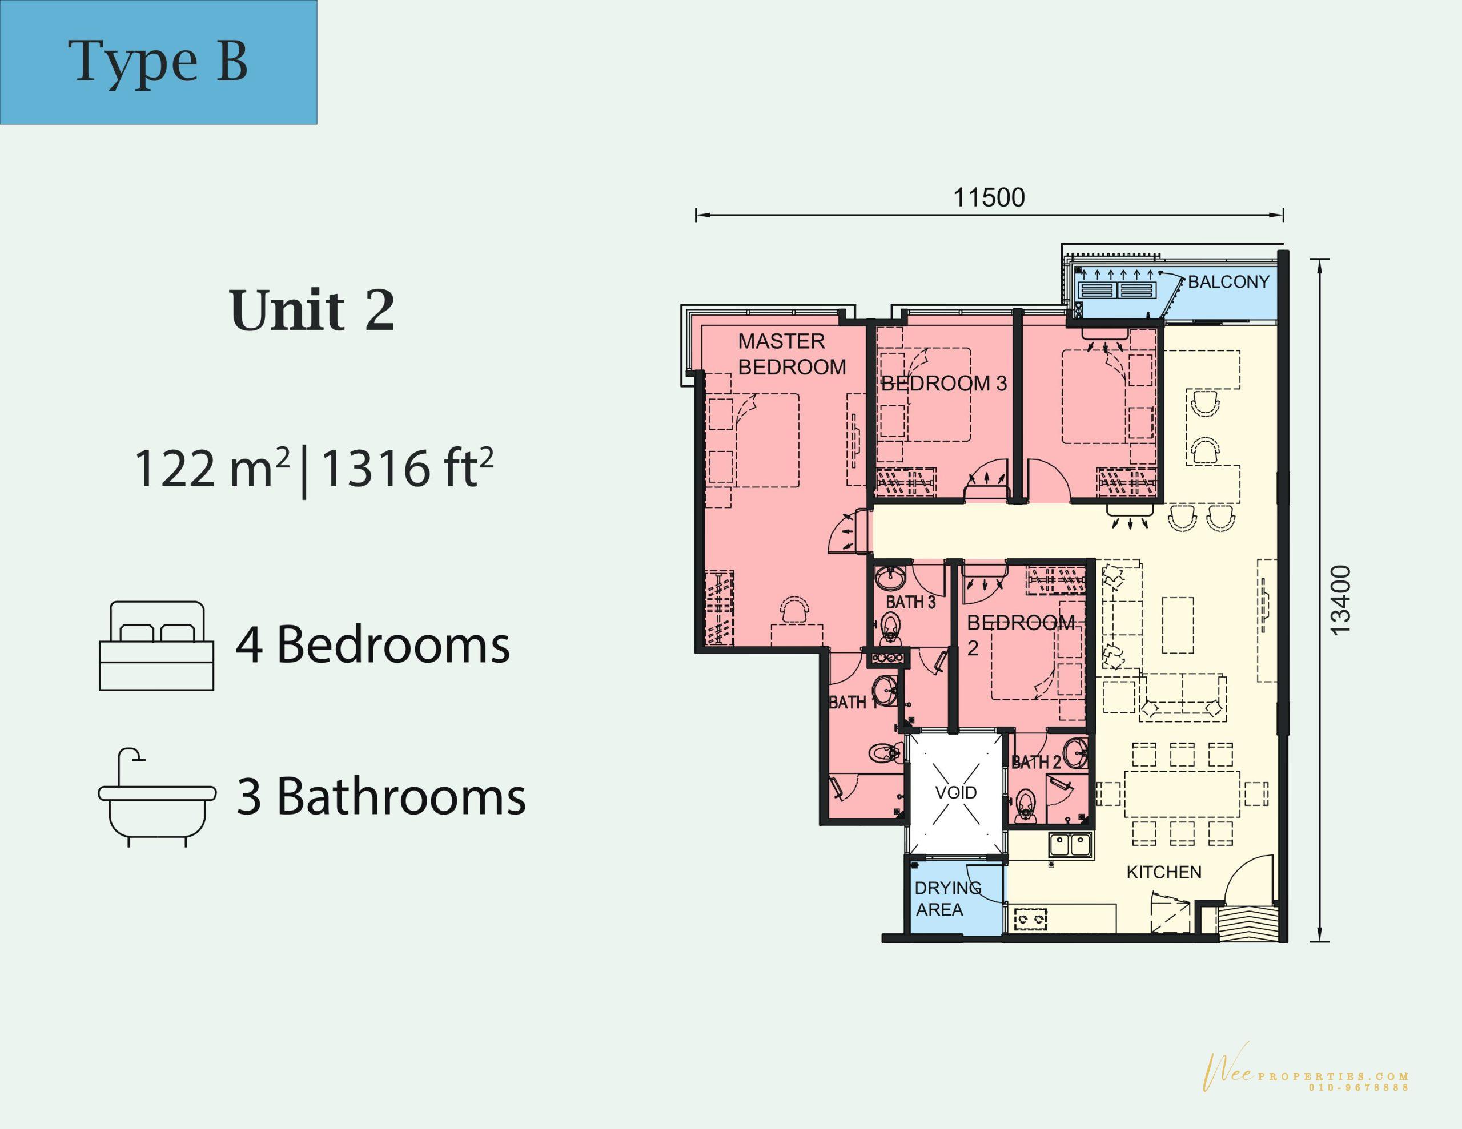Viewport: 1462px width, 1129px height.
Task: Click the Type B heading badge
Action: click(x=158, y=62)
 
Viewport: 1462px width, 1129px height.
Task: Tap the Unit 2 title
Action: click(x=312, y=311)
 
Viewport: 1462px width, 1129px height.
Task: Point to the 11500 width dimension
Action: click(x=989, y=197)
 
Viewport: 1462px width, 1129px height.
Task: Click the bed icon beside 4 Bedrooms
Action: click(x=156, y=645)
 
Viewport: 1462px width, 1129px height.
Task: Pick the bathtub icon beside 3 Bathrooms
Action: click(x=157, y=797)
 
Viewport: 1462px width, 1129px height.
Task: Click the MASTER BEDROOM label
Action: click(x=792, y=354)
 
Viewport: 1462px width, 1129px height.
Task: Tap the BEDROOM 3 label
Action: click(x=944, y=384)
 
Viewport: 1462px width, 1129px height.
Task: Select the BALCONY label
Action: click(x=1228, y=282)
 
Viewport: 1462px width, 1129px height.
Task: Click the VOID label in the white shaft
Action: click(x=956, y=792)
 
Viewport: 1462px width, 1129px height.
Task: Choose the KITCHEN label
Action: click(x=1164, y=872)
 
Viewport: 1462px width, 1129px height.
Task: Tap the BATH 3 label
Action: click(x=910, y=602)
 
